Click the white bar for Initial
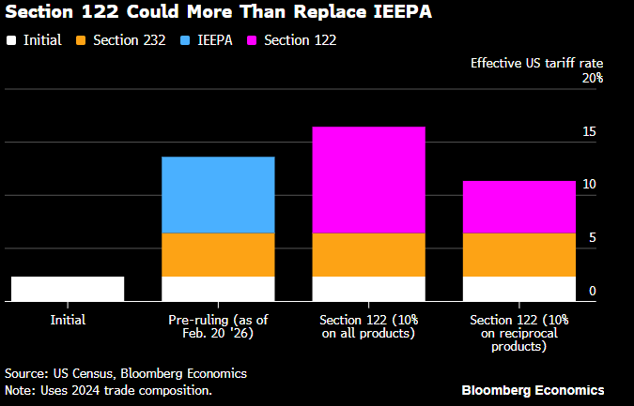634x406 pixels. coord(68,289)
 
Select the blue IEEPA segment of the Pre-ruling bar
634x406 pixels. coord(218,194)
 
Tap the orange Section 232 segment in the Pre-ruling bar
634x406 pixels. coord(218,254)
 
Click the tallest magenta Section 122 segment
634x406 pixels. coord(368,179)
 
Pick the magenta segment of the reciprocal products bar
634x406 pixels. coord(518,206)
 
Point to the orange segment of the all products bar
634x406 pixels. coord(368,254)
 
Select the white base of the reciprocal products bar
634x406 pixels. coord(518,289)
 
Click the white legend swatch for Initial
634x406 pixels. coord(10,40)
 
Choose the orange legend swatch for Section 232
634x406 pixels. coord(82,40)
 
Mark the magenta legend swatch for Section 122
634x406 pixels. coord(253,40)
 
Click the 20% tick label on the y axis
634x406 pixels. coord(592,78)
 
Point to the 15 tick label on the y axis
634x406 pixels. coord(589,131)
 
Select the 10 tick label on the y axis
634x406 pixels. coord(589,185)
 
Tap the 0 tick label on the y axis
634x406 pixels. coord(593,292)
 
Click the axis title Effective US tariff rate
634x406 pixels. coord(536,63)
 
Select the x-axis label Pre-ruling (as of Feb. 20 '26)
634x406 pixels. coord(218,326)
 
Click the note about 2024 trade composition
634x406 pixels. coord(108,390)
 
